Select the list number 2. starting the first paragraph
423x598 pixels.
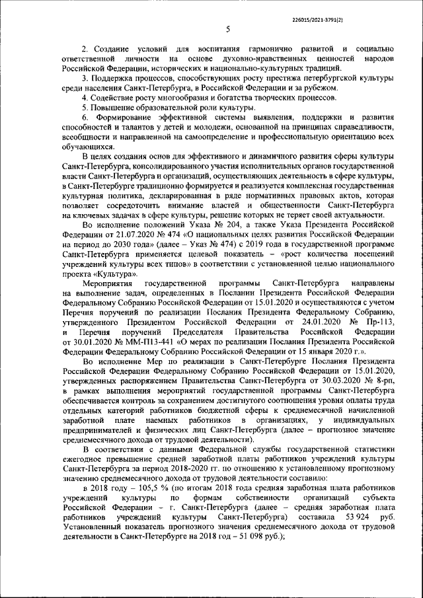(85, 50)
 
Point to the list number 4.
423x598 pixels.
(85, 98)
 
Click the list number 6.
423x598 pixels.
(85, 117)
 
